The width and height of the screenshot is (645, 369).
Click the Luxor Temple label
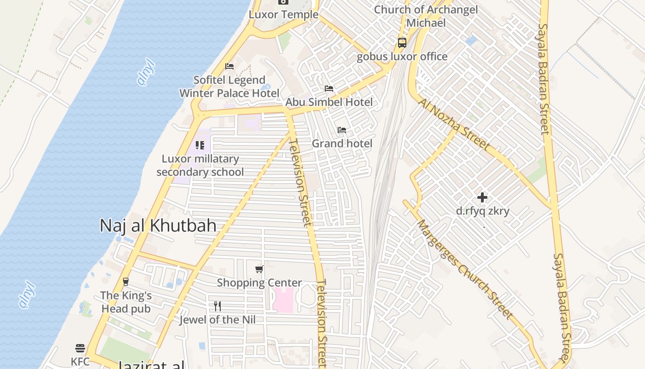[283, 14]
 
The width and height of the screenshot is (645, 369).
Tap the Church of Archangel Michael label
[426, 16]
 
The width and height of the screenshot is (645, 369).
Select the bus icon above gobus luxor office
[402, 43]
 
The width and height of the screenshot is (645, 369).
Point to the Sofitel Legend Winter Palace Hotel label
[229, 87]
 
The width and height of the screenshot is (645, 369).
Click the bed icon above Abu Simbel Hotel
[329, 88]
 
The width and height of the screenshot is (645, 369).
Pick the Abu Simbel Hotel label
[329, 102]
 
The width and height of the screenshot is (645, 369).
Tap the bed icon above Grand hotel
[342, 130]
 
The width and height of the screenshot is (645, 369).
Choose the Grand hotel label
[342, 143]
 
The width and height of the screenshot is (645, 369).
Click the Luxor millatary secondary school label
[200, 165]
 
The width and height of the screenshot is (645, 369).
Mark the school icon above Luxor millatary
[200, 145]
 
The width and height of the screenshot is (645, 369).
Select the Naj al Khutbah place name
[158, 226]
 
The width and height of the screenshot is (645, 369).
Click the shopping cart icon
[259, 269]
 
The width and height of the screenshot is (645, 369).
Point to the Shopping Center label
[259, 283]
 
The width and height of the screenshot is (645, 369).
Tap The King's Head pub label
[126, 302]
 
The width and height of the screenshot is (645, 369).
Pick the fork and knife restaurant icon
[217, 306]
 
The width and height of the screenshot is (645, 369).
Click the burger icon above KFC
[80, 348]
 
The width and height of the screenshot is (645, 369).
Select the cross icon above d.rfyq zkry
[482, 197]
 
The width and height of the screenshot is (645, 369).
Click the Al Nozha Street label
[455, 124]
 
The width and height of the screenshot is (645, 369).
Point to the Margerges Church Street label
[464, 269]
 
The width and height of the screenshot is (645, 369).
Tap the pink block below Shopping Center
[283, 299]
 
